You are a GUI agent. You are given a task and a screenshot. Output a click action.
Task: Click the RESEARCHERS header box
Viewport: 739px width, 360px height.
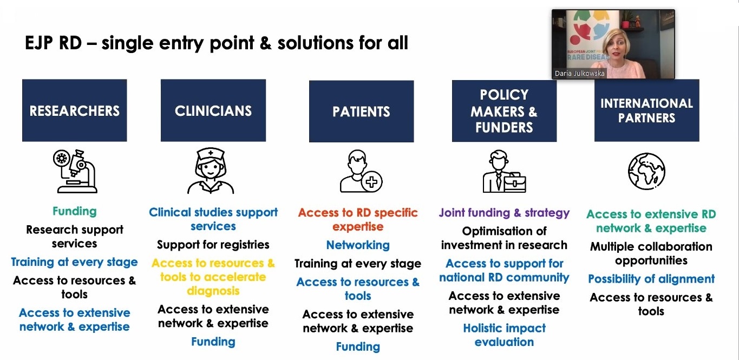pyautogui.click(x=75, y=110)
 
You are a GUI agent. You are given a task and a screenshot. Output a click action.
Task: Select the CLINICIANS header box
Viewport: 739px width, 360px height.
pyautogui.click(x=213, y=110)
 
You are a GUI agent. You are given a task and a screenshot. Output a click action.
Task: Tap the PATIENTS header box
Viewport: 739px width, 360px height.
pyautogui.click(x=361, y=111)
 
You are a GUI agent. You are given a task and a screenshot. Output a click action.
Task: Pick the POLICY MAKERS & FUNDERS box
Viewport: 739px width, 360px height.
pyautogui.click(x=504, y=111)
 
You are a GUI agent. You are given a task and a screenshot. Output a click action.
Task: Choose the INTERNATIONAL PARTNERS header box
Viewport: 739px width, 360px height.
pyautogui.click(x=646, y=110)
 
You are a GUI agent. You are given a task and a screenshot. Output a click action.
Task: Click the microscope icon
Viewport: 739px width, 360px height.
pyautogui.click(x=75, y=171)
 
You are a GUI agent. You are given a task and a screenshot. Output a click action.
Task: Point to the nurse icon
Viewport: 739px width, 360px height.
pyautogui.click(x=211, y=171)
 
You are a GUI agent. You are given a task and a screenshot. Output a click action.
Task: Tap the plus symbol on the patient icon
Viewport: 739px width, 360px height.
pyautogui.click(x=372, y=181)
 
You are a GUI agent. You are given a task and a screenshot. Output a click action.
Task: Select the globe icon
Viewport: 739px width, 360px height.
pyautogui.click(x=646, y=171)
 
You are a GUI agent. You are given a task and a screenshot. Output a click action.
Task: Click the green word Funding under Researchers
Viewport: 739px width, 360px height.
pyautogui.click(x=75, y=211)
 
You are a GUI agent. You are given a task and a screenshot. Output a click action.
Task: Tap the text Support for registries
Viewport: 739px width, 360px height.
pyautogui.click(x=213, y=245)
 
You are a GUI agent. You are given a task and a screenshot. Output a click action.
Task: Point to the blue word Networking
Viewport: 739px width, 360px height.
pyautogui.click(x=358, y=245)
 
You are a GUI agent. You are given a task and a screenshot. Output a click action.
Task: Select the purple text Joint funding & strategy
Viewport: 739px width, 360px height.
pyautogui.click(x=504, y=213)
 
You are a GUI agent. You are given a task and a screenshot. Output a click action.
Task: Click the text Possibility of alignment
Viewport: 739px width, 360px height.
pyautogui.click(x=651, y=279)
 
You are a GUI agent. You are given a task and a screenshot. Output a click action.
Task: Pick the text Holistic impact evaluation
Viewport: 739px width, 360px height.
pyautogui.click(x=504, y=335)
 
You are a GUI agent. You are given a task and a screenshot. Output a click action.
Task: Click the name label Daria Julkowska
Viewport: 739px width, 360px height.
pyautogui.click(x=579, y=73)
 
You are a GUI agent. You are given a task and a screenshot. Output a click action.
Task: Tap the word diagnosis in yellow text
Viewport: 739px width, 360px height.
pyautogui.click(x=213, y=291)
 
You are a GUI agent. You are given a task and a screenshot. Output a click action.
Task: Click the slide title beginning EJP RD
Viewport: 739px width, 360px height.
pyautogui.click(x=217, y=43)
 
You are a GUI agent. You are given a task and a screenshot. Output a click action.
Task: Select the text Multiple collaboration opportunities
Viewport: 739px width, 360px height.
pyautogui.click(x=651, y=253)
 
